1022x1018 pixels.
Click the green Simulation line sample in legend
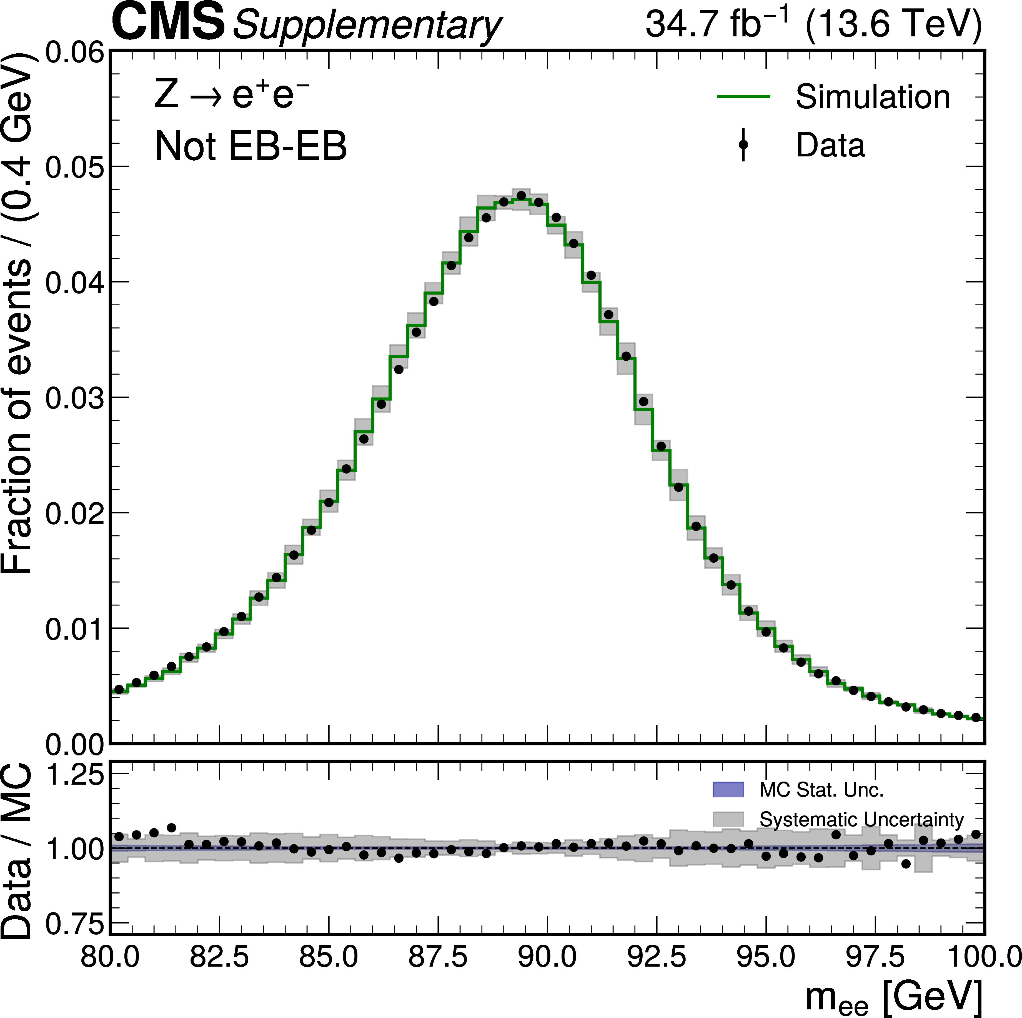point(743,96)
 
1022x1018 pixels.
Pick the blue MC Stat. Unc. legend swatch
point(728,789)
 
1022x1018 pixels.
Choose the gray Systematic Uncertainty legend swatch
point(728,819)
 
